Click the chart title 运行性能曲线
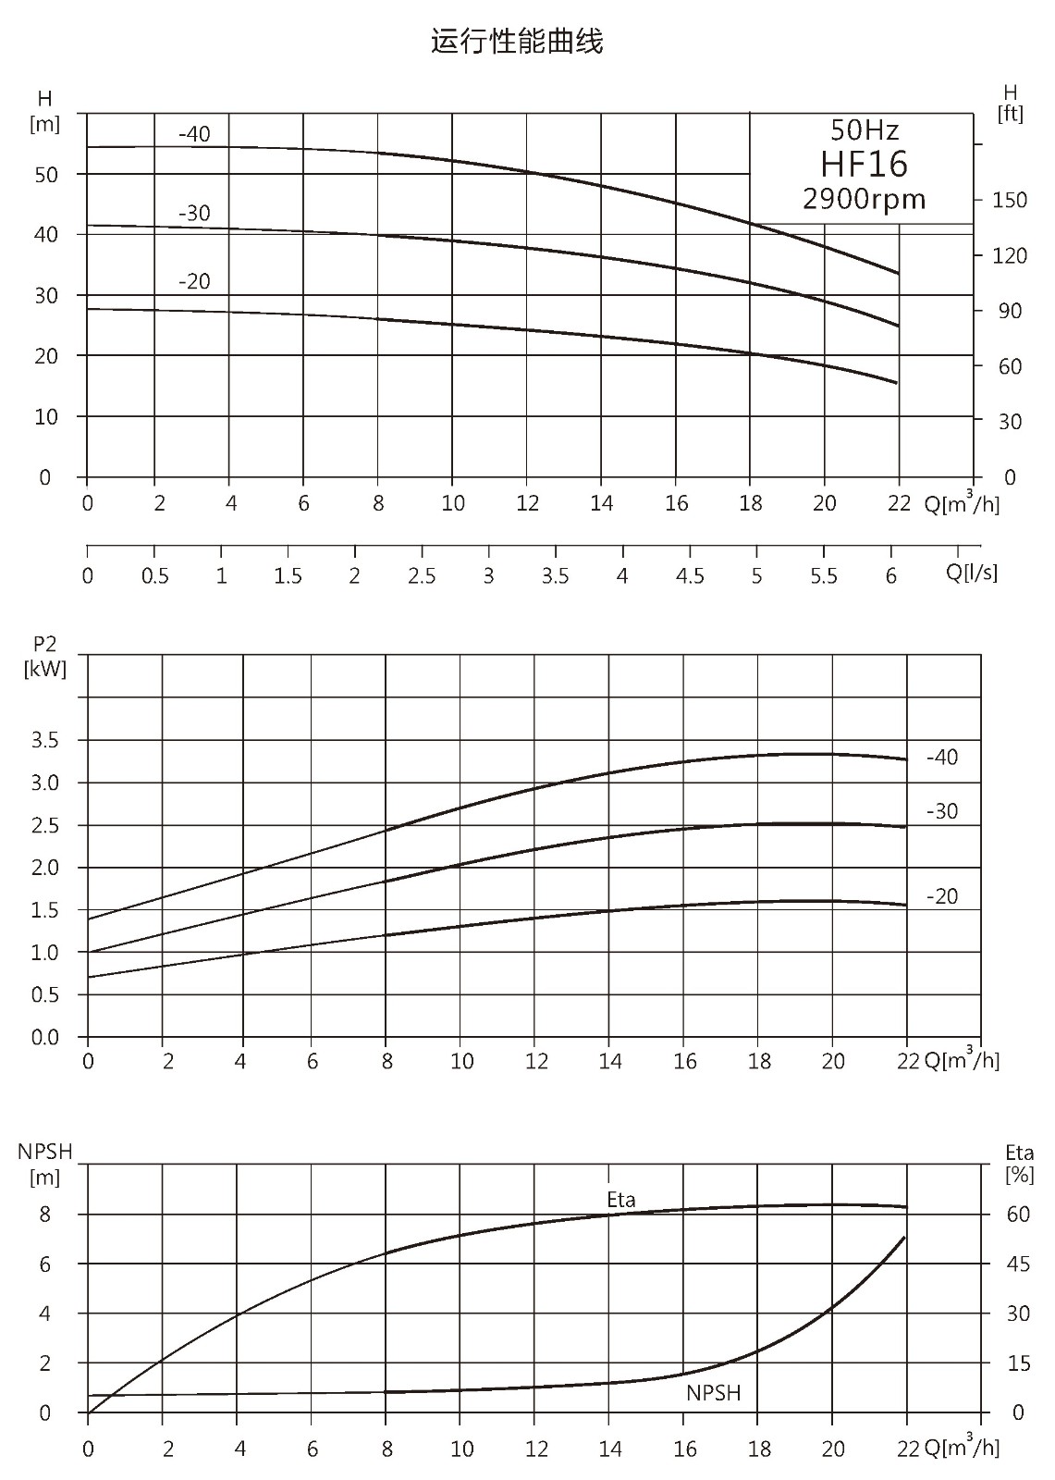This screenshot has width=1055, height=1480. (517, 41)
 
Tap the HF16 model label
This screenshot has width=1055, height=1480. (865, 164)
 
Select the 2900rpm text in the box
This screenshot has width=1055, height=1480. (865, 199)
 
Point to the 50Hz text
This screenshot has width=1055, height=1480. (865, 130)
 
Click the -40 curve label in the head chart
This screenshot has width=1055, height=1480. (194, 134)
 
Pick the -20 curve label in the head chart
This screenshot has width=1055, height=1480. (194, 281)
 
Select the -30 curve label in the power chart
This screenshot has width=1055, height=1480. (942, 810)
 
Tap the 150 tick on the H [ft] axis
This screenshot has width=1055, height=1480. (1010, 200)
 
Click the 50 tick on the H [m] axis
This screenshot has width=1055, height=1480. (45, 175)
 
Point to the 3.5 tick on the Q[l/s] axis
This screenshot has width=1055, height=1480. (555, 576)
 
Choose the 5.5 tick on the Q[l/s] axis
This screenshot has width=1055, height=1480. (824, 576)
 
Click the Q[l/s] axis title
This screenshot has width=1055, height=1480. (971, 572)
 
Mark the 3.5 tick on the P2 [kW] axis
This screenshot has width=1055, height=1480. (45, 740)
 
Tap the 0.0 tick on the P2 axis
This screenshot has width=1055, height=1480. (45, 1037)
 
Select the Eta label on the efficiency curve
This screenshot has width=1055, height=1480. (621, 1199)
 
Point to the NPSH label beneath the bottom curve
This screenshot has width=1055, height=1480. (714, 1392)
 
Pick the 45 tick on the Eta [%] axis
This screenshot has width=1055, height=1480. (1018, 1264)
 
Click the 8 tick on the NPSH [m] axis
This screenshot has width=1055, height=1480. (45, 1215)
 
